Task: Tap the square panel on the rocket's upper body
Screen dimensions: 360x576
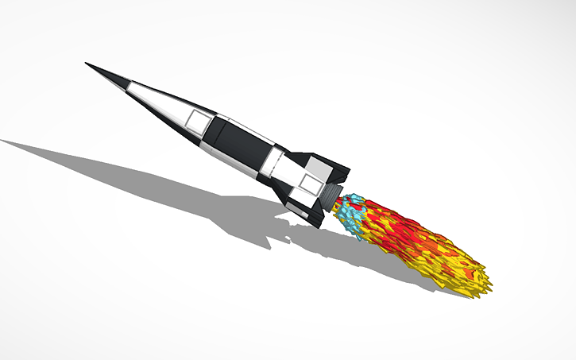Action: point(195,120)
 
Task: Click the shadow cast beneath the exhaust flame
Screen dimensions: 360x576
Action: point(381,262)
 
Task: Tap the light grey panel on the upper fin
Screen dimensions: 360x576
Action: point(319,168)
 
